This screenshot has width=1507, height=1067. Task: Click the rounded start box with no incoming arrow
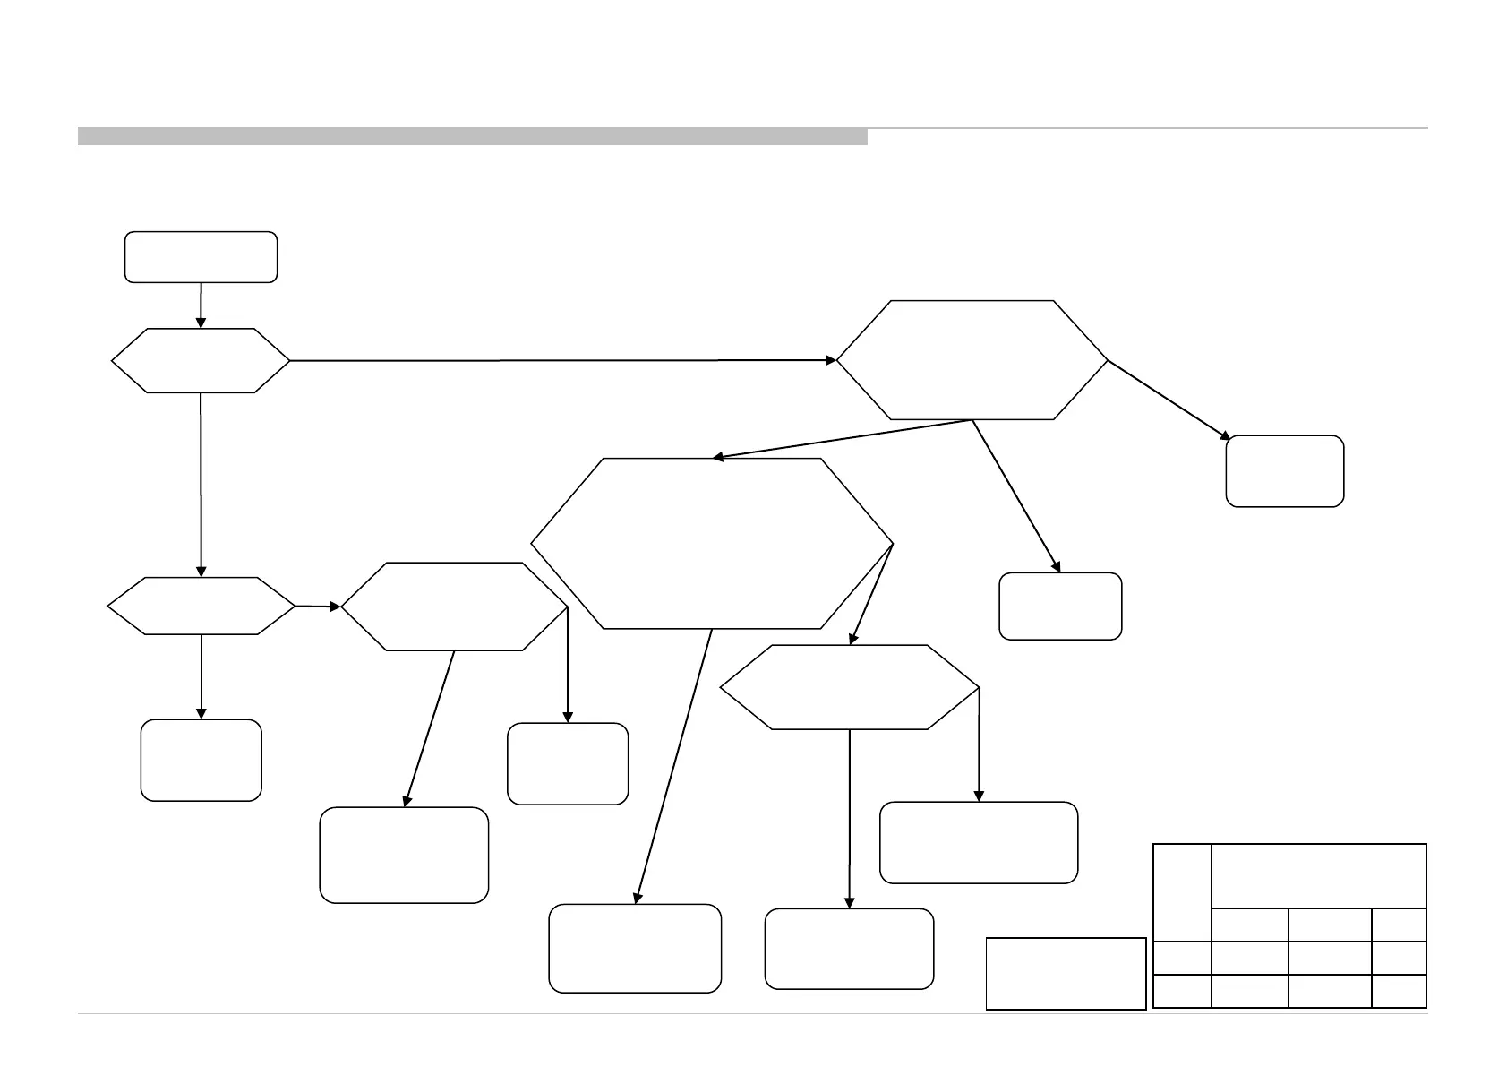point(201,257)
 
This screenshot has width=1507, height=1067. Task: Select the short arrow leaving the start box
point(201,305)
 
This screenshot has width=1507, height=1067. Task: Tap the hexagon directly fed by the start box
point(201,360)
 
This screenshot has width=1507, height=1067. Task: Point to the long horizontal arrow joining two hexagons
point(555,360)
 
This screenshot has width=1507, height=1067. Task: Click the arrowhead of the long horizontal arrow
point(831,360)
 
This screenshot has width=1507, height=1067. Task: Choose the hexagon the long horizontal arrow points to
point(972,360)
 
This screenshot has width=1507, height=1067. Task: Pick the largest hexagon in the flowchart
point(712,544)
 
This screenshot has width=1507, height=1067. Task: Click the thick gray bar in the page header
point(472,136)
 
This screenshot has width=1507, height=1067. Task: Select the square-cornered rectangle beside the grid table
point(1066,973)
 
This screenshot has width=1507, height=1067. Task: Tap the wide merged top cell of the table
point(1318,875)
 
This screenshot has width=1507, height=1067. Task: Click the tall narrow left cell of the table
point(1182,892)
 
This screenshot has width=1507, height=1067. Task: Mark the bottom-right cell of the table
point(1399,991)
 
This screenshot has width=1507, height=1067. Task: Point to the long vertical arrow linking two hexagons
point(201,484)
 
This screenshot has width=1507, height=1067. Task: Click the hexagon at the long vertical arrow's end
point(201,607)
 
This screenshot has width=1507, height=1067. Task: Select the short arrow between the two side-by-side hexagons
point(318,607)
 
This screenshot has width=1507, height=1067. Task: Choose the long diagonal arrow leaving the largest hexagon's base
point(673,766)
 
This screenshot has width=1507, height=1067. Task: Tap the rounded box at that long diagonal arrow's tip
point(634,948)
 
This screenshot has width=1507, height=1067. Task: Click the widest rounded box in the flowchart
point(979,842)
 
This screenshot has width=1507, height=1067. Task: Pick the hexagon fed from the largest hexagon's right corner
point(849,687)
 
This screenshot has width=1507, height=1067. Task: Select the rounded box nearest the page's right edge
point(1284,471)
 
